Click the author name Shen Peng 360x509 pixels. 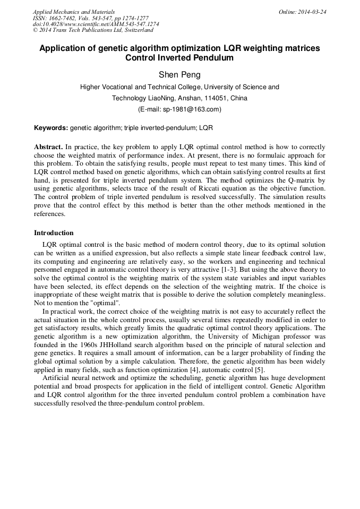180,75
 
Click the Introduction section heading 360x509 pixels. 54,232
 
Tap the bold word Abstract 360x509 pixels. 48,146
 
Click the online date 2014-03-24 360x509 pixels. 311,12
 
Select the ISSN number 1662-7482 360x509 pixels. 66,18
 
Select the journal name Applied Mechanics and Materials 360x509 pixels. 73,12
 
